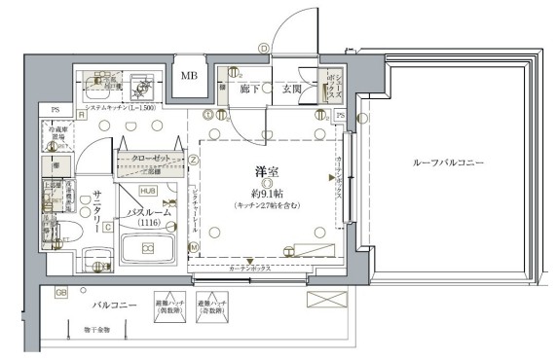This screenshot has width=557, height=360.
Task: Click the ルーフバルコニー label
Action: click(x=447, y=162)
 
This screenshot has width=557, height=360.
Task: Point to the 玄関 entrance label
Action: click(x=292, y=90)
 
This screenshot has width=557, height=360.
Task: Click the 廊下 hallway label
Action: click(x=248, y=90)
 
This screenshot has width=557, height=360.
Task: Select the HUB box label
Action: click(x=150, y=191)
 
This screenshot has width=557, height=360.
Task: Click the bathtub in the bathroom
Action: click(x=148, y=250)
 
